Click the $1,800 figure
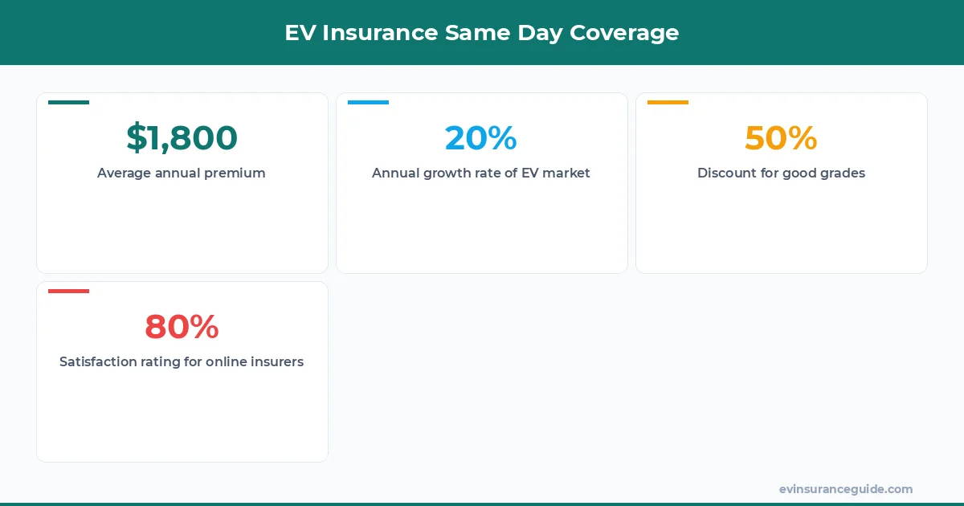coord(182,138)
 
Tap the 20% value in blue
coord(480,138)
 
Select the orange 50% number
coord(781,138)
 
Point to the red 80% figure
coord(182,327)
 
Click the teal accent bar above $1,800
coord(68,102)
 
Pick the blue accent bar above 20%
coord(368,102)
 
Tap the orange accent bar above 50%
coord(668,102)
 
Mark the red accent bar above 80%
coord(68,291)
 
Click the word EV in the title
coord(298,33)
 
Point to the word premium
coord(236,173)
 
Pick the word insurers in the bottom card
coord(276,361)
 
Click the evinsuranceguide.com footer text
coord(845,489)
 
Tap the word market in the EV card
coord(566,173)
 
